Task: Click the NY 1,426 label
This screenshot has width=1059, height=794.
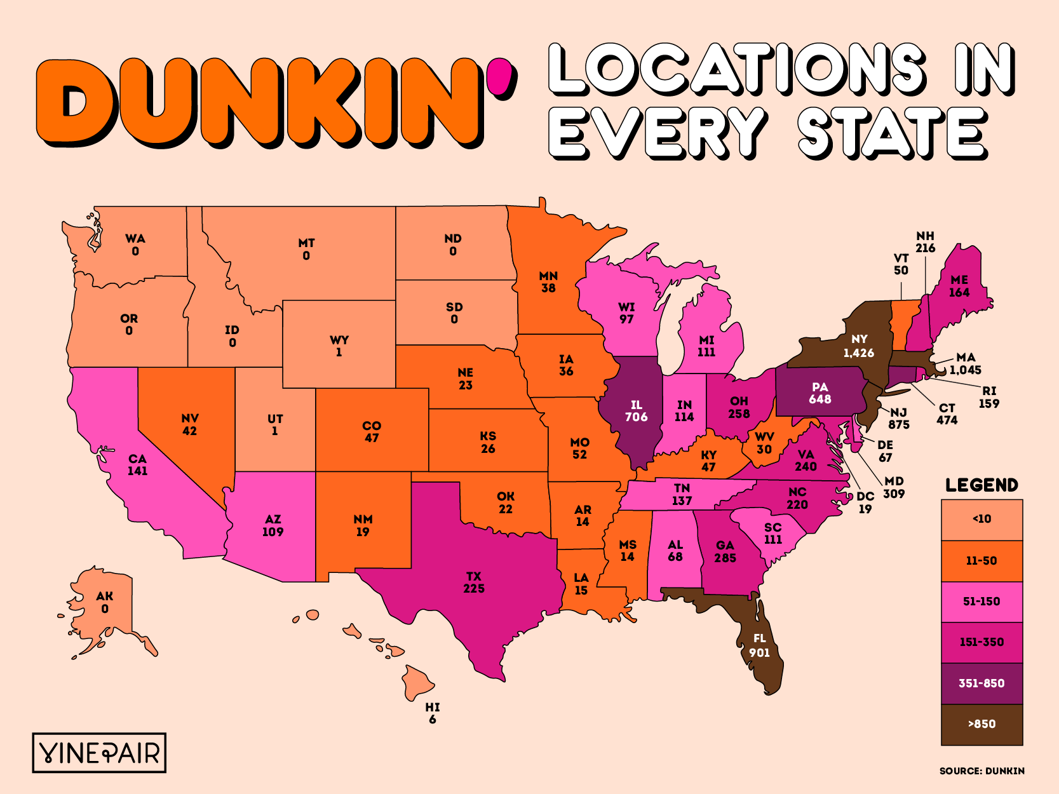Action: pyautogui.click(x=859, y=346)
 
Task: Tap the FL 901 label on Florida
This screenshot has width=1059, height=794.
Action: pyautogui.click(x=759, y=645)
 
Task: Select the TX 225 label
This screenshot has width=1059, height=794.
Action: pyautogui.click(x=474, y=582)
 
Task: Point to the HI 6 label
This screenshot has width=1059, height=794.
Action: pyautogui.click(x=433, y=713)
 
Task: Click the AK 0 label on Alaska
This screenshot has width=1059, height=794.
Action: pyautogui.click(x=105, y=602)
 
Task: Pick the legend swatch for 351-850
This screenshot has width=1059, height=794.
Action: pyautogui.click(x=981, y=683)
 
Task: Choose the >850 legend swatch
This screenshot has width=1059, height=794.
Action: pyautogui.click(x=981, y=724)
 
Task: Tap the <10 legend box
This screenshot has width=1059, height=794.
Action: pyautogui.click(x=981, y=519)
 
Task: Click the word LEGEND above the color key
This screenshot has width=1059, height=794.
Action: pyautogui.click(x=981, y=485)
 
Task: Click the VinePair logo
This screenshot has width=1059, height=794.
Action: pyautogui.click(x=99, y=753)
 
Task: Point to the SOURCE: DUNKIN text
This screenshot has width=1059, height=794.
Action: pyautogui.click(x=981, y=771)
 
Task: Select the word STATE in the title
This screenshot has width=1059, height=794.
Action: pyautogui.click(x=892, y=133)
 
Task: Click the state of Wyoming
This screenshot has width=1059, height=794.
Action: pyautogui.click(x=339, y=346)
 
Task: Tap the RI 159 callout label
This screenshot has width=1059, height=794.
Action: pyautogui.click(x=988, y=397)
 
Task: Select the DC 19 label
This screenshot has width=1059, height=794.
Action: pyautogui.click(x=865, y=502)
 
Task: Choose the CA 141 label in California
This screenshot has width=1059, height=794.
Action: pyautogui.click(x=137, y=464)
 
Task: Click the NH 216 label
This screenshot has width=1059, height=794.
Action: pyautogui.click(x=925, y=242)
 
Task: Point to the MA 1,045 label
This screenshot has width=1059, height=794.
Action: pyautogui.click(x=966, y=364)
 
